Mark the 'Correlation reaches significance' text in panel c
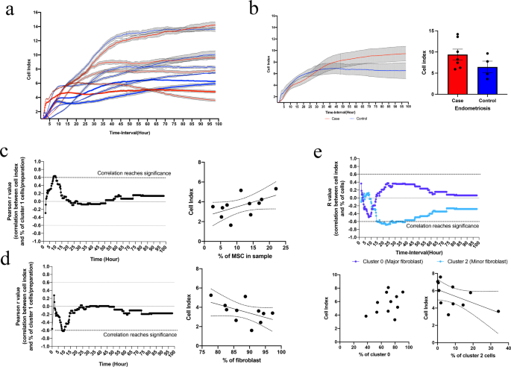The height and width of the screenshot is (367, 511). coord(133,172)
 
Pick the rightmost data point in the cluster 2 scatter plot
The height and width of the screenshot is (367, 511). coord(498,311)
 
